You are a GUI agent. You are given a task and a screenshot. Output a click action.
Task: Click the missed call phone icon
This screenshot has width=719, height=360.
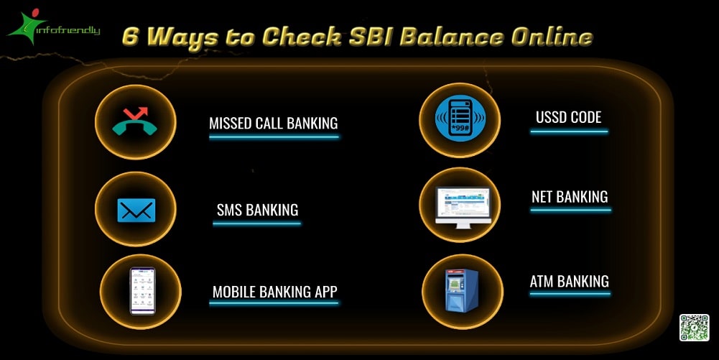[x=134, y=121]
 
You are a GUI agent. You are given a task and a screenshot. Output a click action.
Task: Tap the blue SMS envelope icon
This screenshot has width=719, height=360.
[x=136, y=210]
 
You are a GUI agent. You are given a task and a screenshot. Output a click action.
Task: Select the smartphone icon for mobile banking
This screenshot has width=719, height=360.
[x=142, y=290]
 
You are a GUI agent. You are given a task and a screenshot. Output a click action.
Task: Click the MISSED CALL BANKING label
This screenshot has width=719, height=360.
[x=273, y=123]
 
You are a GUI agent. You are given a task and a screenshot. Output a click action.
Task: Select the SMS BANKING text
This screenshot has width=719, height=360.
[x=257, y=210]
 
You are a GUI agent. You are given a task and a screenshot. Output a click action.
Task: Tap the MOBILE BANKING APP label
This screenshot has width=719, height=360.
[x=274, y=292]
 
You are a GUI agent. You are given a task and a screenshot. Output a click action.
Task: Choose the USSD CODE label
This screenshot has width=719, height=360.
[x=568, y=117]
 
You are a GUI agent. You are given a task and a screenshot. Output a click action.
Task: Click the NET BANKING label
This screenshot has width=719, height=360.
[x=570, y=196]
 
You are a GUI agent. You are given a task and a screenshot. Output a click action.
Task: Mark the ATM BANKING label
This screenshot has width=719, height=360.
[x=569, y=281]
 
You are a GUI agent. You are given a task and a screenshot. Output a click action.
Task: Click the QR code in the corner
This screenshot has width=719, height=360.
[x=694, y=328]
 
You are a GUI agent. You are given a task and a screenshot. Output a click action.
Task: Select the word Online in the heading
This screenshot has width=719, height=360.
[x=552, y=37]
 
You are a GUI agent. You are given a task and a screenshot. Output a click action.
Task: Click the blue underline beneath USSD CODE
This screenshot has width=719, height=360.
[x=570, y=131]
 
